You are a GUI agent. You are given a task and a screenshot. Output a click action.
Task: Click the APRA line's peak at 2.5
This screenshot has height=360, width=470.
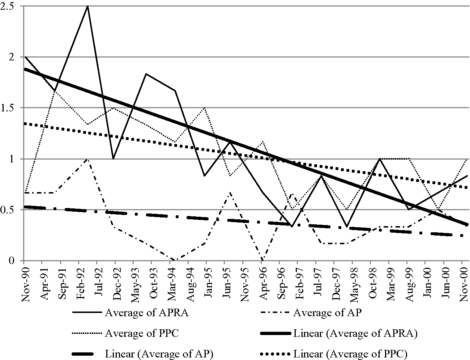coord(88,6)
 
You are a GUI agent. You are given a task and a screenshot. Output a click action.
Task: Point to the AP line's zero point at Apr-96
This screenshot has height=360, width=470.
coord(262,260)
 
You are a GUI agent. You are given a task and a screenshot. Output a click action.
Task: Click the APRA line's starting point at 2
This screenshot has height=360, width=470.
coord(24,57)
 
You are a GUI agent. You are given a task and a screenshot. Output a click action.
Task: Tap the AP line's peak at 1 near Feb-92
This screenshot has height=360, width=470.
coord(87,159)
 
